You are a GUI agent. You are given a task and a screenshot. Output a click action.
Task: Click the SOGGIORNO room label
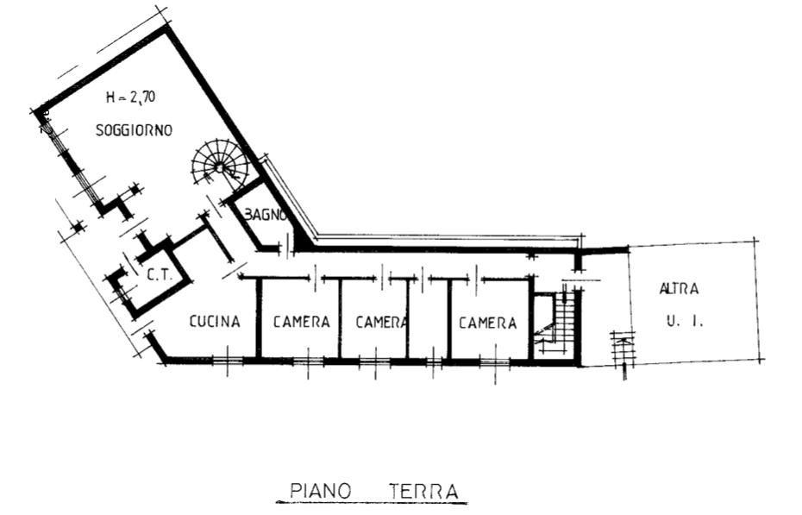(134, 130)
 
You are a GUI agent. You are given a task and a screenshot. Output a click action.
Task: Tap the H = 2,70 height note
(130, 97)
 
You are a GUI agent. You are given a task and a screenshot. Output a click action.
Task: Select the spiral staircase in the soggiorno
(219, 165)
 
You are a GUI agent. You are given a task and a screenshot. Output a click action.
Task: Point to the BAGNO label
(265, 215)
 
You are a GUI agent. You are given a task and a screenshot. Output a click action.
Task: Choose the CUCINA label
(215, 321)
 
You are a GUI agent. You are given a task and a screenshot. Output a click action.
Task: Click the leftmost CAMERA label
(301, 322)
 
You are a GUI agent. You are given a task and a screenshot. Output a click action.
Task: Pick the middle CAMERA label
(381, 322)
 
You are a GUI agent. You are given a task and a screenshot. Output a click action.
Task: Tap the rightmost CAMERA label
(487, 323)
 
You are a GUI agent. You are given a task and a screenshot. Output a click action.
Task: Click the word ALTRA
(679, 289)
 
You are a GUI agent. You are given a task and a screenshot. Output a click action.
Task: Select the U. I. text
(685, 322)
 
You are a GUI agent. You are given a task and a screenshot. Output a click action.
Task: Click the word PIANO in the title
(321, 491)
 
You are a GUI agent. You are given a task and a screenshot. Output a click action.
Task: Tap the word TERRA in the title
(423, 492)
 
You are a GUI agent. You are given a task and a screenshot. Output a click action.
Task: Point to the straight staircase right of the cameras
(555, 323)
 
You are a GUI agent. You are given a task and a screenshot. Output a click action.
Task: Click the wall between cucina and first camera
(259, 318)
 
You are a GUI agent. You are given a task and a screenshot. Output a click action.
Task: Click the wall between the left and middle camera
(340, 318)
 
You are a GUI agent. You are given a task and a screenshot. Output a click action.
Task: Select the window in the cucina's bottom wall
(228, 361)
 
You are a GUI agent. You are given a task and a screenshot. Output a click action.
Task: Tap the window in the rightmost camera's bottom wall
(495, 362)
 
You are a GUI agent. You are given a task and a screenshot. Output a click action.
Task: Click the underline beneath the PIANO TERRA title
(372, 503)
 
